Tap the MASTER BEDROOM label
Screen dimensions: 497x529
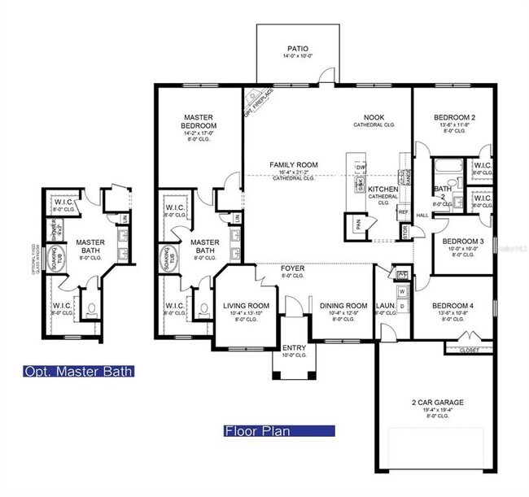tap(199, 122)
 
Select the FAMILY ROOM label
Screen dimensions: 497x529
tap(294, 165)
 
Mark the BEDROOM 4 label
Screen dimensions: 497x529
tap(457, 304)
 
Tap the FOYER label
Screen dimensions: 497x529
tap(293, 268)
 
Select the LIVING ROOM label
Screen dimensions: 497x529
tap(245, 306)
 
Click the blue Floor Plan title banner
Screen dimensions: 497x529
tap(278, 431)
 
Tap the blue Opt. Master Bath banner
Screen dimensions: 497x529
tap(78, 372)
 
